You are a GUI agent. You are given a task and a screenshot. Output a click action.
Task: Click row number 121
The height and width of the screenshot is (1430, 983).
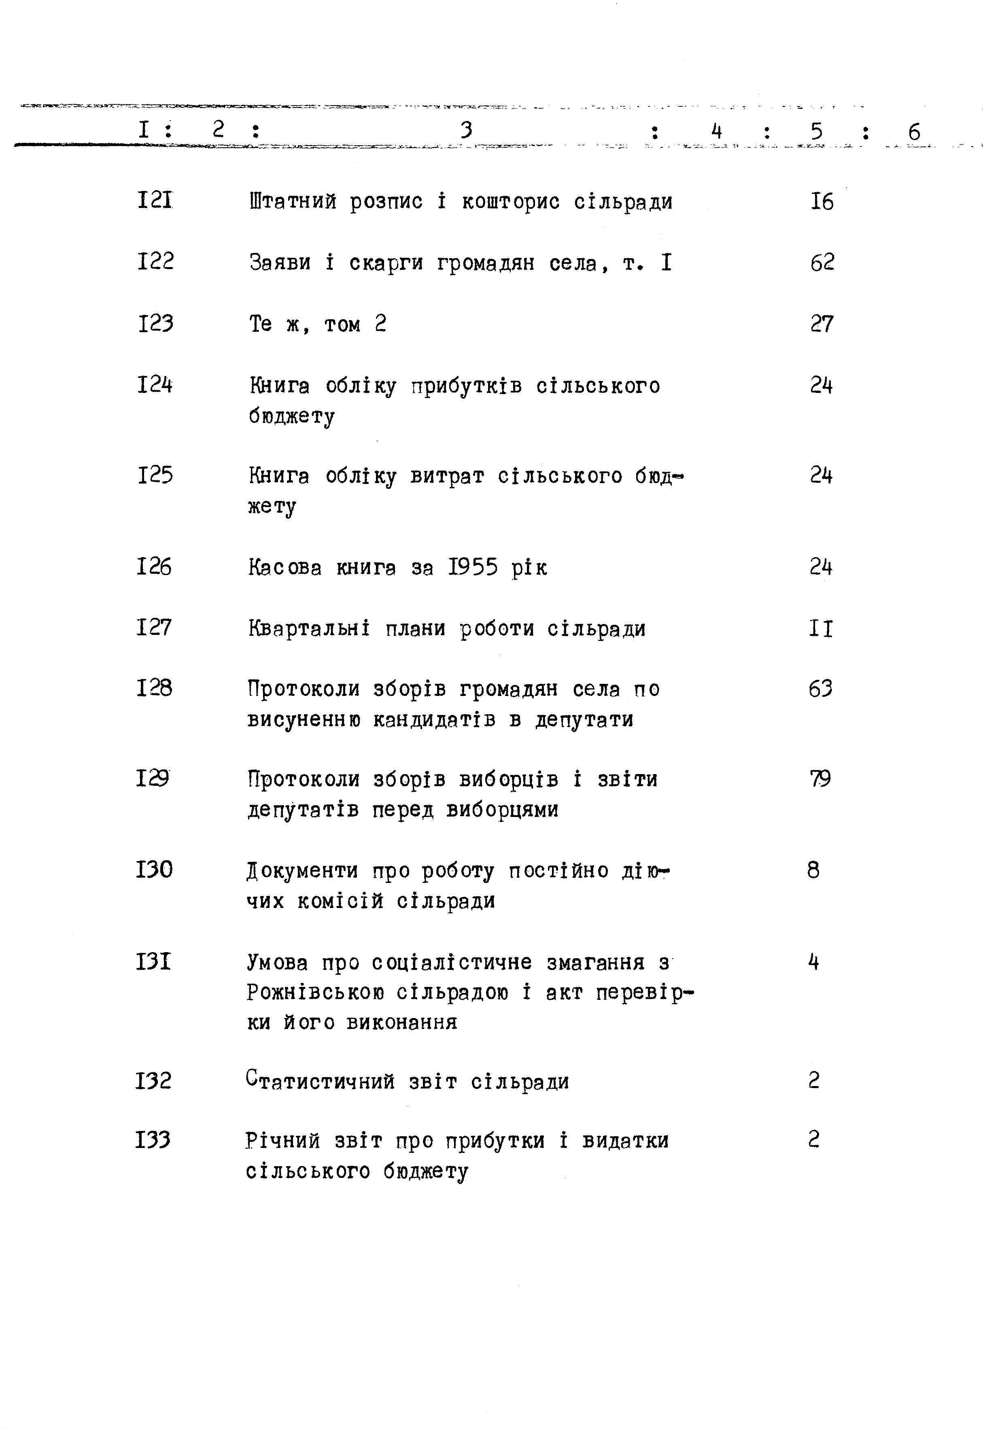pos(155,201)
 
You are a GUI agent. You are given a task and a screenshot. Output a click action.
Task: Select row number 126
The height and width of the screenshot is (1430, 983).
pos(154,566)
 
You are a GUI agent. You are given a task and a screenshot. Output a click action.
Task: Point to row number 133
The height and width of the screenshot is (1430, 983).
pos(153,1141)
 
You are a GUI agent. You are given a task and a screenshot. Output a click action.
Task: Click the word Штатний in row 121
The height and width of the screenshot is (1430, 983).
pos(293,202)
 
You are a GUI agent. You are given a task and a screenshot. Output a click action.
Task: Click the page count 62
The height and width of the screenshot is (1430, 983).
pos(822,263)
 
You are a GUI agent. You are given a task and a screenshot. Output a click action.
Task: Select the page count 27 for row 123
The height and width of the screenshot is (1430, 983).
pos(822,324)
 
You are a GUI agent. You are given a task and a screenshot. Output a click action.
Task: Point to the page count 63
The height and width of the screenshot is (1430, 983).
pos(820,689)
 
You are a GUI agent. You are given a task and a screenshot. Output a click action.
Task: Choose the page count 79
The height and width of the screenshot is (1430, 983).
pos(820,779)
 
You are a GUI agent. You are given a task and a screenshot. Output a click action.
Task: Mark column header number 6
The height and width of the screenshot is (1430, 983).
pos(914,132)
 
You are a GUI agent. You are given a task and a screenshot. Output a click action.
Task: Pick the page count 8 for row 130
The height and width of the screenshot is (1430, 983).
pos(813,870)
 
